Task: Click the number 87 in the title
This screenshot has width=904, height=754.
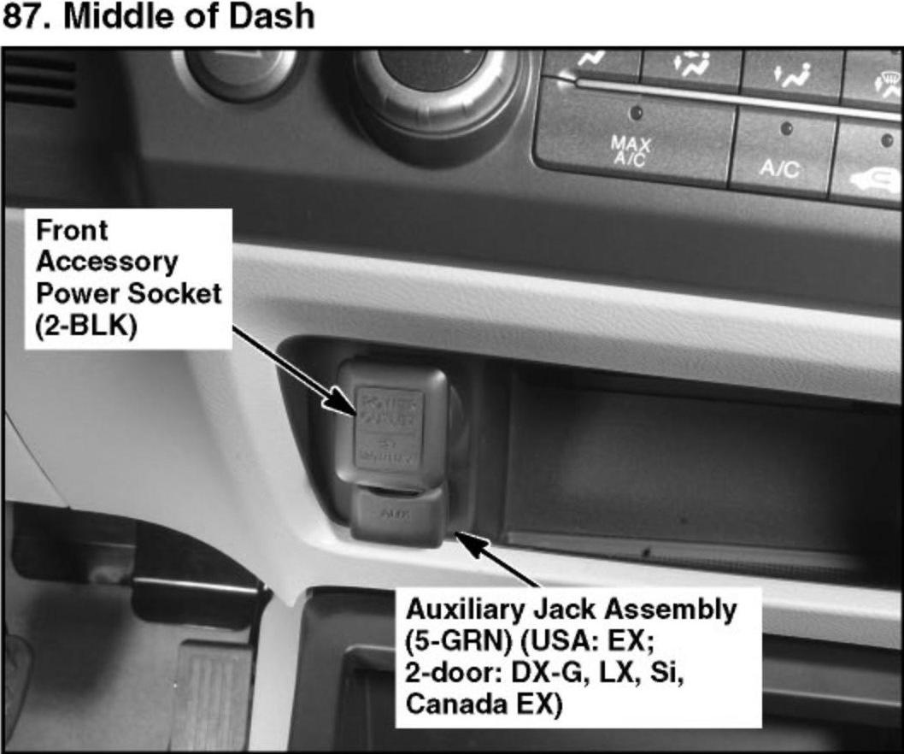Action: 23,16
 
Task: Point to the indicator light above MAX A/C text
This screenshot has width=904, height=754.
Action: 635,112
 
